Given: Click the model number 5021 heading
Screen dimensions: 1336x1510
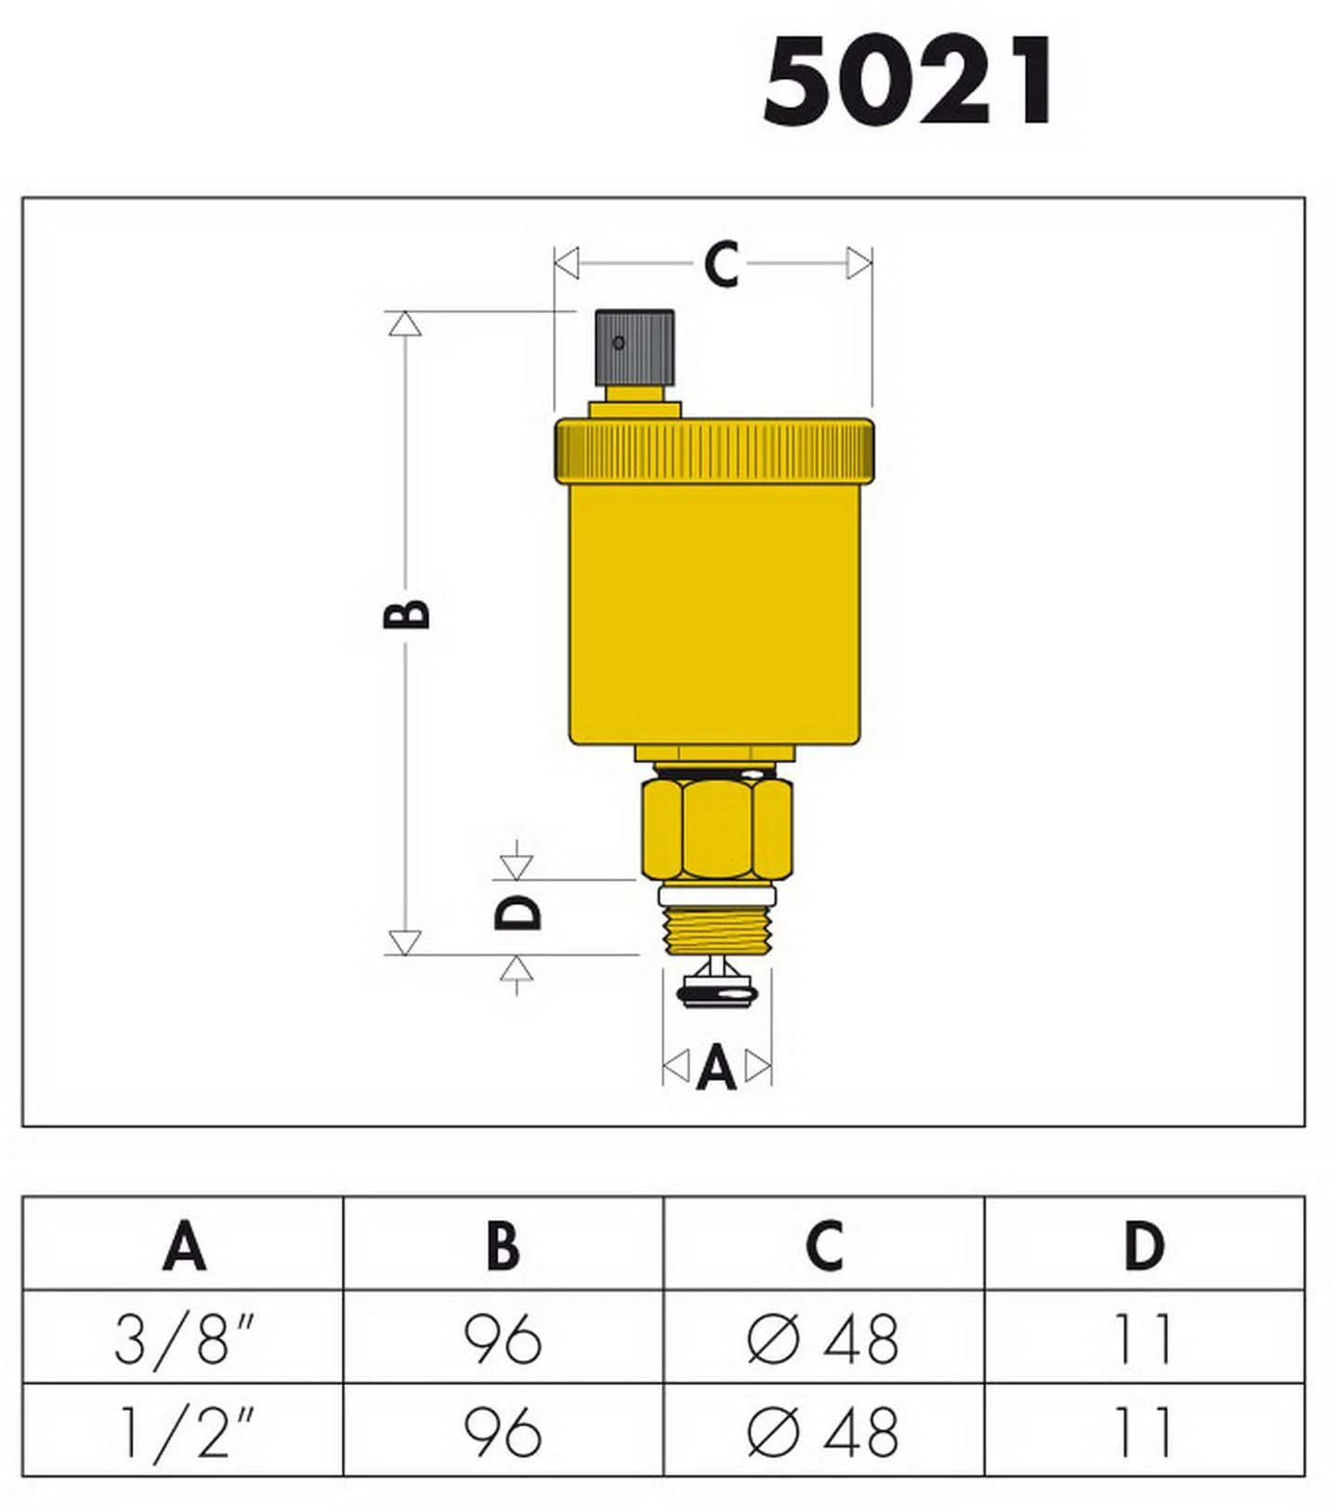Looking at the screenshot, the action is click(908, 81).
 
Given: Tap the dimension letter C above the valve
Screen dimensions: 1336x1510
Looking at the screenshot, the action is click(721, 265).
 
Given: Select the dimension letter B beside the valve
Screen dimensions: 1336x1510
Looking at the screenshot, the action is click(407, 614).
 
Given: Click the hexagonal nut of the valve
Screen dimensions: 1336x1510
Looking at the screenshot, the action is click(716, 829).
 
